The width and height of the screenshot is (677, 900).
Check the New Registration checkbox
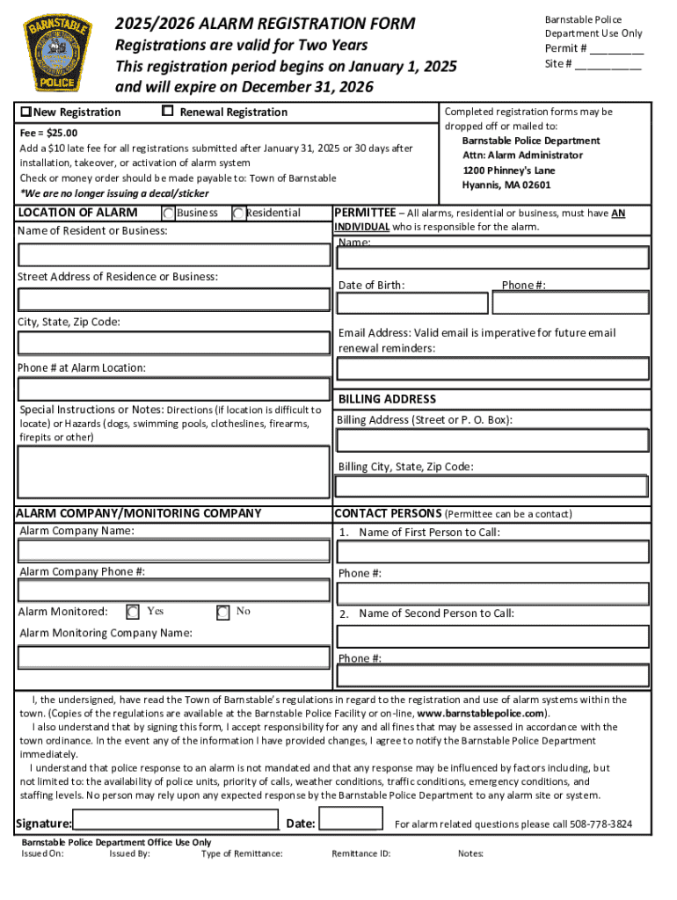pos(26,112)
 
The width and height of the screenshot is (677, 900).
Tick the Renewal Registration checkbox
pos(167,111)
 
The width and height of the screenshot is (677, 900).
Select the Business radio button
pos(168,214)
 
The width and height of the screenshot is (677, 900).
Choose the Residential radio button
pos(238,214)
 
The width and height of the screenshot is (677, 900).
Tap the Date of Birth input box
pos(411,303)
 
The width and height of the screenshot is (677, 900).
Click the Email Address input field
pos(492,369)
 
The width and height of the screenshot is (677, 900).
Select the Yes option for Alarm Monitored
pos(133,612)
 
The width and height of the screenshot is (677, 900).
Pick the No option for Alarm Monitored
pos(222,612)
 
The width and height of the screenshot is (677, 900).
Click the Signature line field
pos(176,821)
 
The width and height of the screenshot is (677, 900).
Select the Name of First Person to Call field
pos(492,552)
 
